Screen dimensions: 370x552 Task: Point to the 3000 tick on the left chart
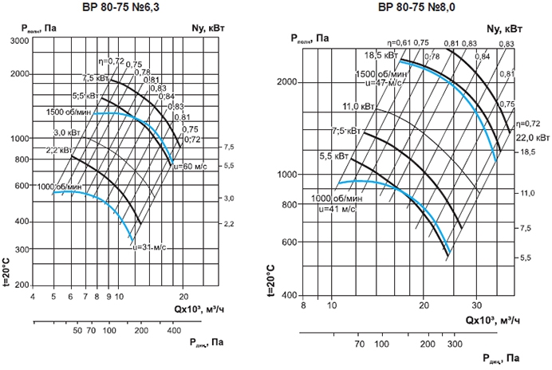tap(20, 50)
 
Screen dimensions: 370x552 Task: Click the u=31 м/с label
tap(150, 246)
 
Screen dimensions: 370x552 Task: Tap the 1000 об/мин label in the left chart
tap(59, 186)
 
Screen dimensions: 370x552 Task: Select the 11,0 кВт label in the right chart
tap(358, 106)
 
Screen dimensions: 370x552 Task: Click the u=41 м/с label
tap(335, 208)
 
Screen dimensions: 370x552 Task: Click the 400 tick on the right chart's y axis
tap(289, 295)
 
